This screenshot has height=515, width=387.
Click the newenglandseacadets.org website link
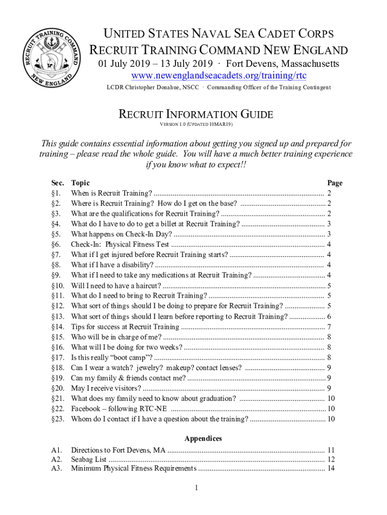[x=218, y=76]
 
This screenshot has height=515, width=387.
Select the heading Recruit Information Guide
[x=196, y=114]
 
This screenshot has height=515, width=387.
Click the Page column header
[x=335, y=183]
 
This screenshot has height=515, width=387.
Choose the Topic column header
[x=80, y=183]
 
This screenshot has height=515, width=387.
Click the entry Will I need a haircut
[x=116, y=286]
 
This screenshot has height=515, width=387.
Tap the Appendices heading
[x=203, y=439]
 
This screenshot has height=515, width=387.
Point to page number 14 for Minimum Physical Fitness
[x=331, y=469]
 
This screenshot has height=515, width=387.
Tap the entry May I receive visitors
[x=106, y=388]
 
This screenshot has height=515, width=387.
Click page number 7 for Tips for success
[x=328, y=327]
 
